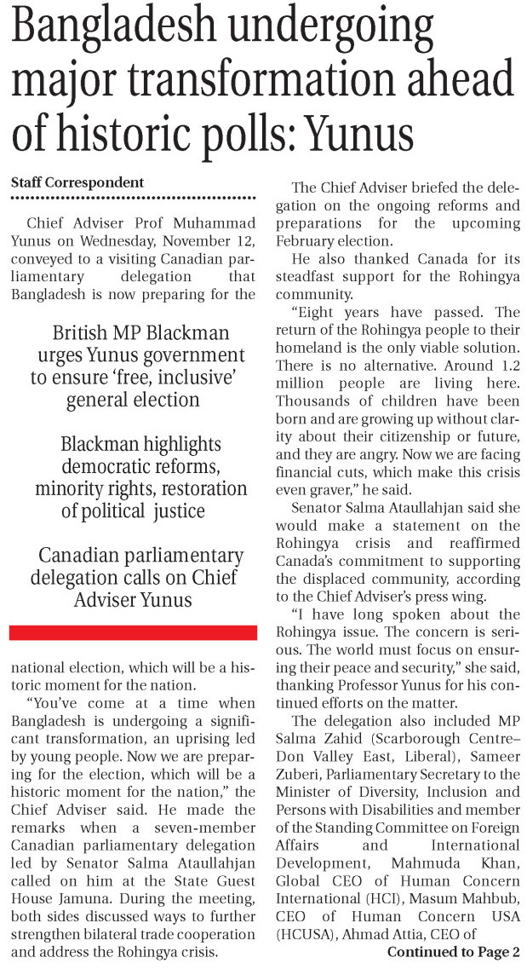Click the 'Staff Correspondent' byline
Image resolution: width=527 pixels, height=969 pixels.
point(77,182)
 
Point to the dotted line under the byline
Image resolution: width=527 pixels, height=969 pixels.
point(133,198)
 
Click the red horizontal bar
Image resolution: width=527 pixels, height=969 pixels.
point(133,632)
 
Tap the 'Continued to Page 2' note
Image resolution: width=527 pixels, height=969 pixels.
point(453,952)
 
